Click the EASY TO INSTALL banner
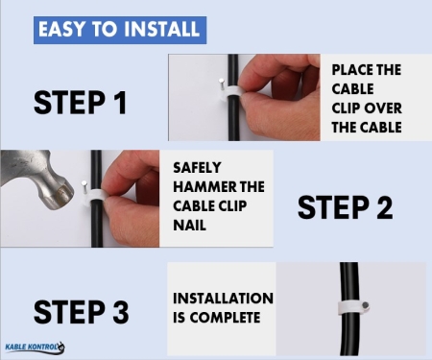[x=120, y=30]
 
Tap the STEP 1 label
[x=80, y=103]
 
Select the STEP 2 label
[x=346, y=207]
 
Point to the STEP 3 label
[x=81, y=312]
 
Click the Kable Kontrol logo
[x=36, y=348]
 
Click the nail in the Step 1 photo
[x=221, y=85]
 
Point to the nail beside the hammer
[x=84, y=188]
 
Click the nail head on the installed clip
[x=366, y=305]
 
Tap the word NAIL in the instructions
[x=189, y=226]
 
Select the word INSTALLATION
[x=223, y=299]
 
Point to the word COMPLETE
[x=225, y=318]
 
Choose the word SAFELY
[x=197, y=167]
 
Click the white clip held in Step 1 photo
[x=231, y=93]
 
